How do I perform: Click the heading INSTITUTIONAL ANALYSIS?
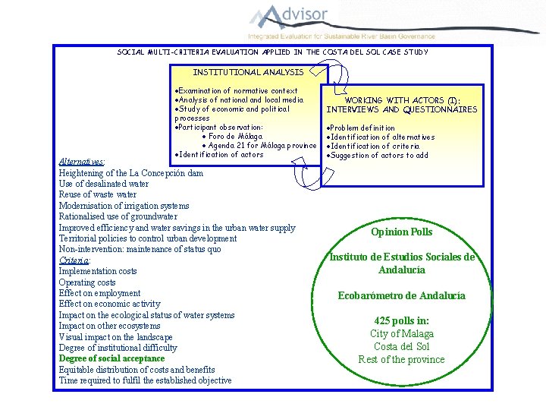click(x=248, y=72)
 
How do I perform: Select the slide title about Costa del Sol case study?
click(x=272, y=52)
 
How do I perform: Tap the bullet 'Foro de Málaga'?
click(x=236, y=137)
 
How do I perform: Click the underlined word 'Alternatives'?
click(x=82, y=162)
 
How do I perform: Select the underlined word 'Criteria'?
click(x=75, y=260)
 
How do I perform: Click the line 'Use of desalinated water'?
click(x=104, y=184)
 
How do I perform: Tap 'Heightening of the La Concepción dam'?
click(x=130, y=173)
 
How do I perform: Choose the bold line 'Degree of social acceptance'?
click(x=111, y=358)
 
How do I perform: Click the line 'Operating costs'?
click(x=87, y=282)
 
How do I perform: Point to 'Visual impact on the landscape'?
click(x=115, y=336)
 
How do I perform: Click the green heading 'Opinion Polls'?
click(x=401, y=232)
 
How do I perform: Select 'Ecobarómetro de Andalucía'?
click(x=401, y=295)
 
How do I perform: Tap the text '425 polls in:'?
click(x=401, y=320)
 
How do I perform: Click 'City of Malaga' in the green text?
click(x=402, y=333)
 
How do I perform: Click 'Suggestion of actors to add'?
click(x=377, y=156)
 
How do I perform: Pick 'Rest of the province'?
click(x=401, y=359)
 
